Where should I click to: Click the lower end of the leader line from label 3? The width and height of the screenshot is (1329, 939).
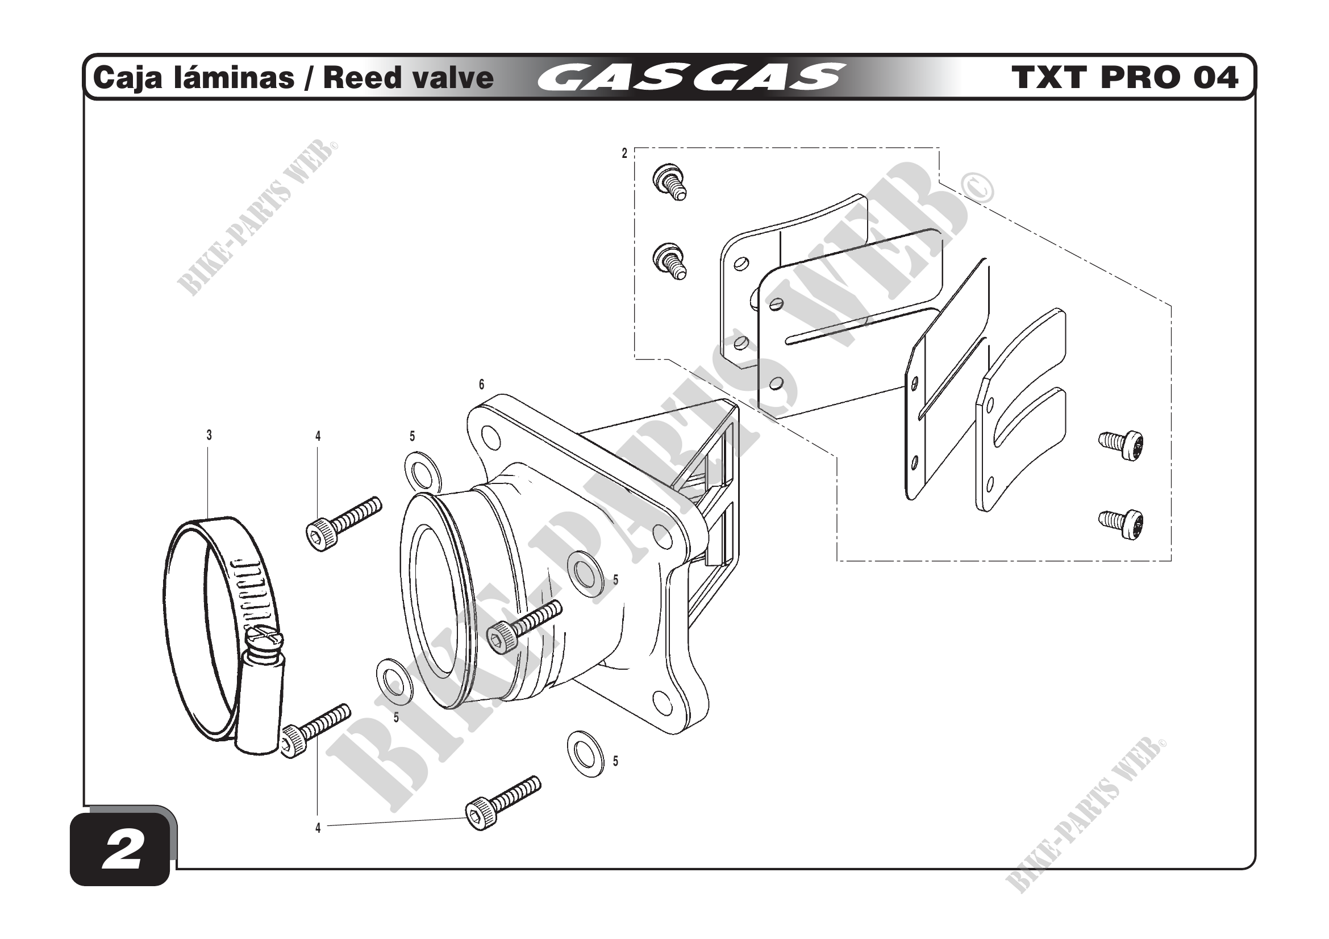pos(209,519)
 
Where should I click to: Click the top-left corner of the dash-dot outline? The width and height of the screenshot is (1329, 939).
pos(635,148)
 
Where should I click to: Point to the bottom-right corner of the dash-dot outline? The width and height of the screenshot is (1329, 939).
pos(1171,561)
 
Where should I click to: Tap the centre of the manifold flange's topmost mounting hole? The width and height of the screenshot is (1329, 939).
pos(490,437)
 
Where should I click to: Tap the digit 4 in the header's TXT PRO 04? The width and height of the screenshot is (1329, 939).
pos(1223,78)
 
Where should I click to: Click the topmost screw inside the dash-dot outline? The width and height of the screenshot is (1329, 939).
pos(670,181)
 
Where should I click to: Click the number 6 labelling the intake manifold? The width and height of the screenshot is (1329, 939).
pos(482,385)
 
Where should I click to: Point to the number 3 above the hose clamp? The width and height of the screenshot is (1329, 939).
pos(209,435)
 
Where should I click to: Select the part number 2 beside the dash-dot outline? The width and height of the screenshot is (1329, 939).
pos(624,153)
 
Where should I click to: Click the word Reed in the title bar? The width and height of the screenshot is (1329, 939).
pos(355,78)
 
